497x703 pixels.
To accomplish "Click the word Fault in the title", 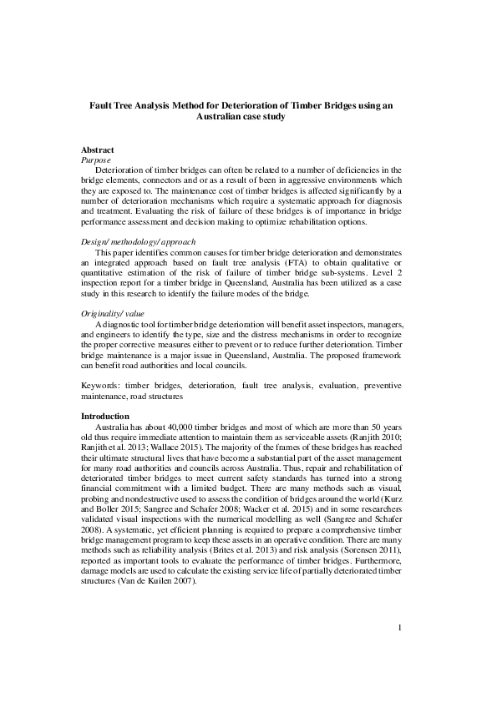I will (102, 106).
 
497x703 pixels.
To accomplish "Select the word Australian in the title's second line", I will (221, 118).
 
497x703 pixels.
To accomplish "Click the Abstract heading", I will (97, 149).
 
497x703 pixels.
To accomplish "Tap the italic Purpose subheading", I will (97, 159).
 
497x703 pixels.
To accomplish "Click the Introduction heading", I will (105, 415).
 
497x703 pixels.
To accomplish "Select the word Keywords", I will (100, 385).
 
